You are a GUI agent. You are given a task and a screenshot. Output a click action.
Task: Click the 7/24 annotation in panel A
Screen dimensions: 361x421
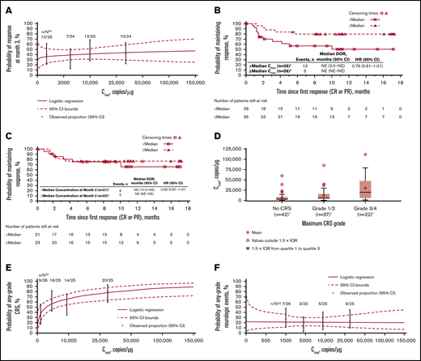click(x=70, y=15)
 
